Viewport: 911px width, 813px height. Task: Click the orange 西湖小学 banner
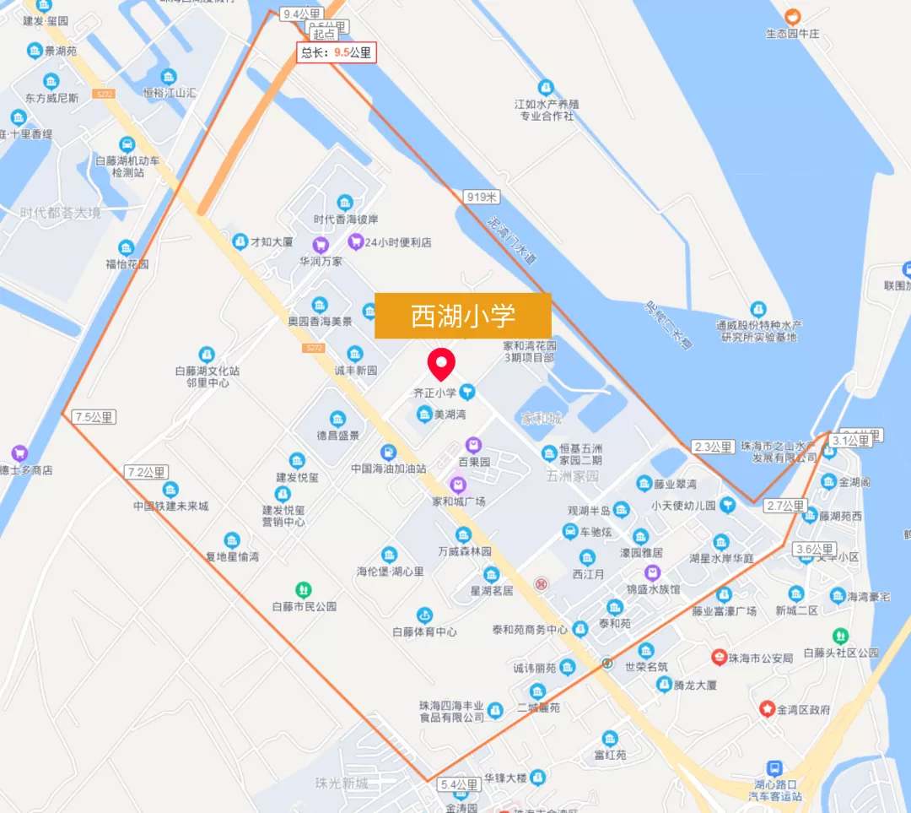tap(462, 316)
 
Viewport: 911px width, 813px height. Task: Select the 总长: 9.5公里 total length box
tap(336, 52)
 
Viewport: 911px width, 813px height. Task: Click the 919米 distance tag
tap(482, 198)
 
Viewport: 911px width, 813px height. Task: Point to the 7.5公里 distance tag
tap(94, 417)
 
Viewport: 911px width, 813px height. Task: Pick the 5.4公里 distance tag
tap(459, 785)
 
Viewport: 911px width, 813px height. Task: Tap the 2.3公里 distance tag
tap(713, 447)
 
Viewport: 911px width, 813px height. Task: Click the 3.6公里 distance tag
tap(815, 550)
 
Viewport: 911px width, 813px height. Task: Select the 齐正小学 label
tap(434, 393)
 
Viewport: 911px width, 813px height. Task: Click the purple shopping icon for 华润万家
tap(320, 245)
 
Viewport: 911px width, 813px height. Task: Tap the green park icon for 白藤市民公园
tap(304, 588)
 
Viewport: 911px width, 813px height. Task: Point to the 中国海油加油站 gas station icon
tap(388, 452)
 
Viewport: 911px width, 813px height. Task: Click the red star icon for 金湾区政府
tap(767, 708)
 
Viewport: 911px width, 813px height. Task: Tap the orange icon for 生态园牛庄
tap(792, 16)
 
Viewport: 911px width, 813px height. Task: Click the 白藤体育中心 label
tap(425, 631)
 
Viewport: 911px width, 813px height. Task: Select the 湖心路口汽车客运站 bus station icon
tap(774, 767)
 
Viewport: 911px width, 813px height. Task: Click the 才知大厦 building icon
tap(240, 241)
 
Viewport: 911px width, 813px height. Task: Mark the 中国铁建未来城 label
tap(170, 507)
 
